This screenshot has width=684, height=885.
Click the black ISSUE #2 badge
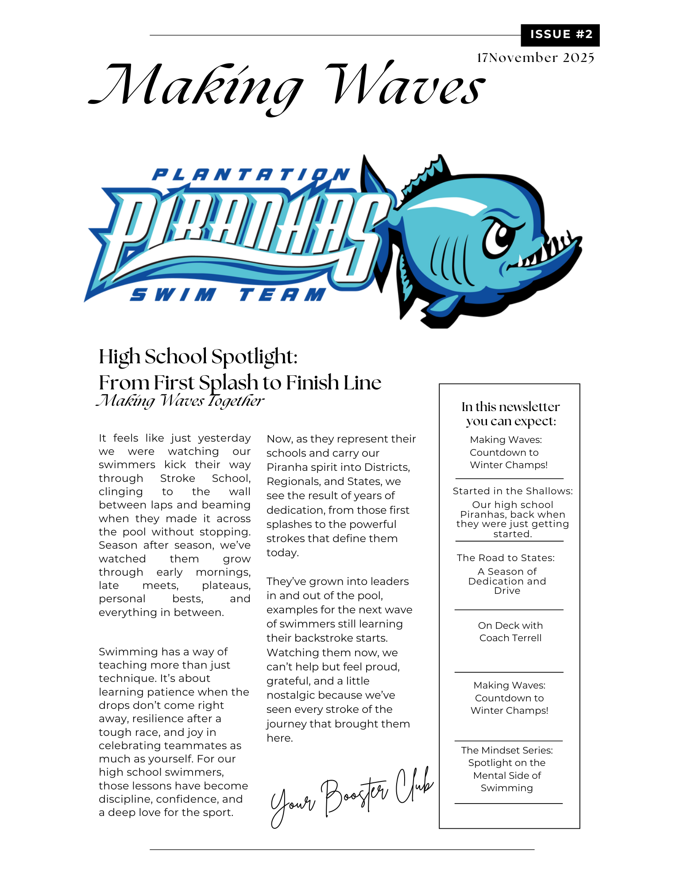(x=560, y=35)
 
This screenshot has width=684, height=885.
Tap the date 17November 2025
(x=535, y=58)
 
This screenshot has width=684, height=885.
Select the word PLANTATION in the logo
(x=251, y=175)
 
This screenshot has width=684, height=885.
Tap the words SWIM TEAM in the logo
(x=228, y=295)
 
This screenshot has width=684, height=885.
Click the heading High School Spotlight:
(x=198, y=357)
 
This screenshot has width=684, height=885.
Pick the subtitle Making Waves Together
(x=180, y=401)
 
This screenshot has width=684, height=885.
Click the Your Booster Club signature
(x=352, y=796)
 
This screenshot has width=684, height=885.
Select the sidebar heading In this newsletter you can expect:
(x=510, y=414)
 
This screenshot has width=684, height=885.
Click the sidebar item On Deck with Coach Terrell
(x=510, y=632)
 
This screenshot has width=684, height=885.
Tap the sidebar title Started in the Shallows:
(x=512, y=491)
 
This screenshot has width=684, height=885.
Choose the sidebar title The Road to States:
(x=506, y=558)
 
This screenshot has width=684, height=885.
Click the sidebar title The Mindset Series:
(x=506, y=750)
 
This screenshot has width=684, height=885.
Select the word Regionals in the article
(x=290, y=481)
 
